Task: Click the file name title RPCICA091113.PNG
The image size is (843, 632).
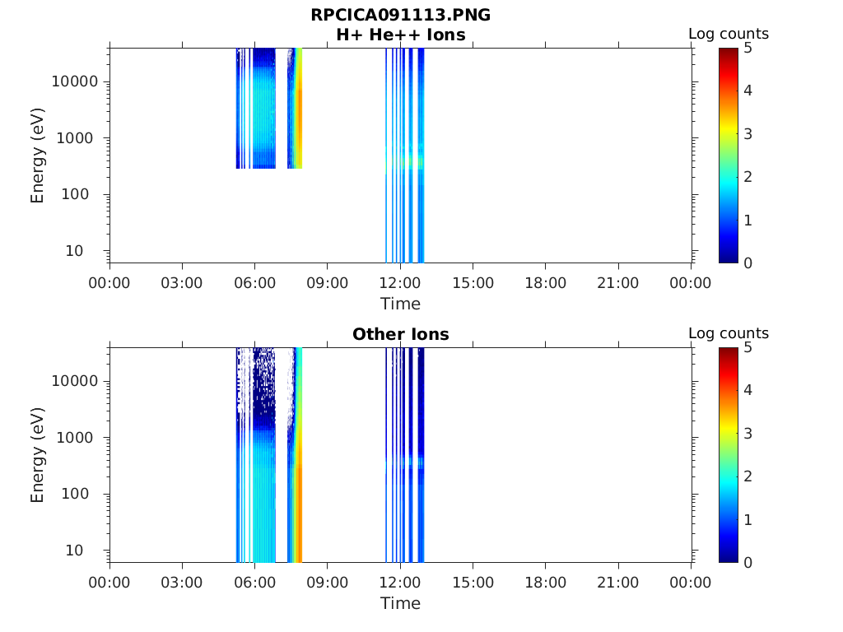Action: click(401, 15)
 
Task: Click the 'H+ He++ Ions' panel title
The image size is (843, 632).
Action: click(401, 35)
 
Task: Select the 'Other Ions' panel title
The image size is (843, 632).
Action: click(401, 334)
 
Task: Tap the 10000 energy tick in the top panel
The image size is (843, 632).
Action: click(75, 81)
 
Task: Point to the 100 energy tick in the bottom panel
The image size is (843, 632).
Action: click(75, 494)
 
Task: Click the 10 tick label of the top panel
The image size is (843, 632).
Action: click(74, 250)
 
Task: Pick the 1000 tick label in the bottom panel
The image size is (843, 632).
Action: click(75, 437)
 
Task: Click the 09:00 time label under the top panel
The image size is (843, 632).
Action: click(328, 283)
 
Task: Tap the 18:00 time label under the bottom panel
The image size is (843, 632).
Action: click(546, 582)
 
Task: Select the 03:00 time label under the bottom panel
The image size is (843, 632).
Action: click(182, 582)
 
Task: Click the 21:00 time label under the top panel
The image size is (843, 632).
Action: click(618, 283)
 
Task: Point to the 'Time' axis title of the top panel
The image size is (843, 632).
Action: click(401, 304)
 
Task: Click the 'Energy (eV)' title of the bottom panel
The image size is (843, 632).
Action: click(37, 455)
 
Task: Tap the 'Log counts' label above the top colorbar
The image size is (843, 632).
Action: click(729, 34)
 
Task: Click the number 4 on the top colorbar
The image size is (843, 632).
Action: click(748, 91)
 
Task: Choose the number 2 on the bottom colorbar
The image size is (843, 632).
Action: click(748, 476)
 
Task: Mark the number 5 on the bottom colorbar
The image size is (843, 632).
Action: click(748, 347)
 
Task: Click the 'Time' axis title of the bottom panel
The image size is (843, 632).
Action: click(401, 603)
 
